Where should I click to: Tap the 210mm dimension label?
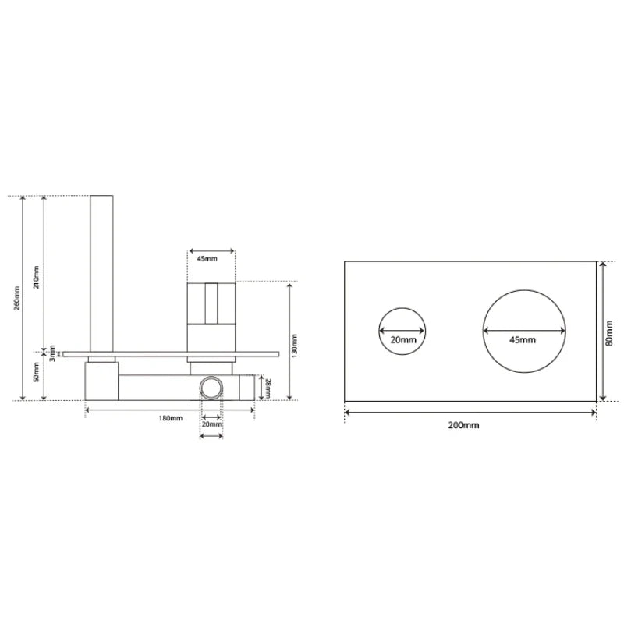click(37, 275)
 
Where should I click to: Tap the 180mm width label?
click(169, 419)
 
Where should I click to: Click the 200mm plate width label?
click(464, 425)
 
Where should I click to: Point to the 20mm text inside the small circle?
click(403, 340)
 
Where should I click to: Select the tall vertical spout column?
click(102, 273)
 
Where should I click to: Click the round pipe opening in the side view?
click(211, 387)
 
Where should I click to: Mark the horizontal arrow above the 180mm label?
click(169, 408)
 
